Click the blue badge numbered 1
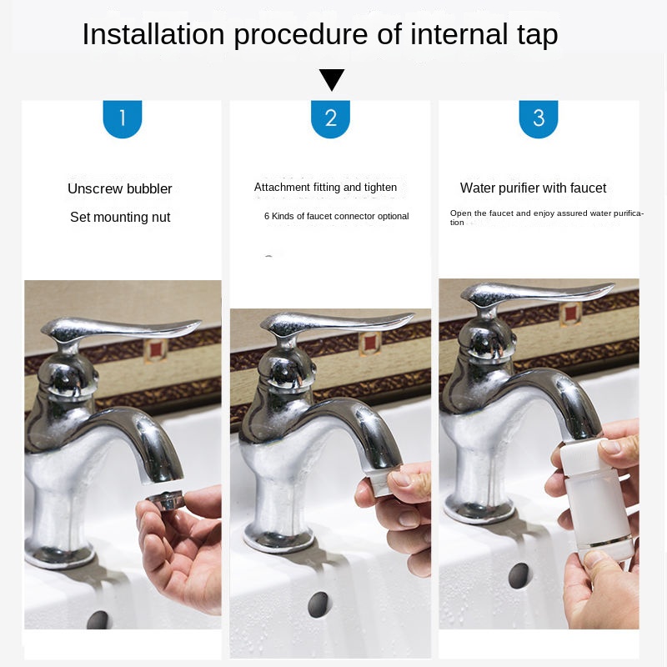point(123,118)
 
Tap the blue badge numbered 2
point(330,118)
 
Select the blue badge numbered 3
point(539,118)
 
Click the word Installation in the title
point(153,34)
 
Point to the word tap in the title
point(537,36)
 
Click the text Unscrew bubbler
point(120,188)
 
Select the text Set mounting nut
point(120,218)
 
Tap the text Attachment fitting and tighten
point(325,187)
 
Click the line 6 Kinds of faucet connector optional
point(337,216)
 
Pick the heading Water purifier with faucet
point(533,188)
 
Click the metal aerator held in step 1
point(164,499)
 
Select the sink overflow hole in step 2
point(318,604)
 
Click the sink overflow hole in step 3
point(519,575)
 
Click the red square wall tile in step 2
point(369,344)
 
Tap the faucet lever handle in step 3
point(538,293)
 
